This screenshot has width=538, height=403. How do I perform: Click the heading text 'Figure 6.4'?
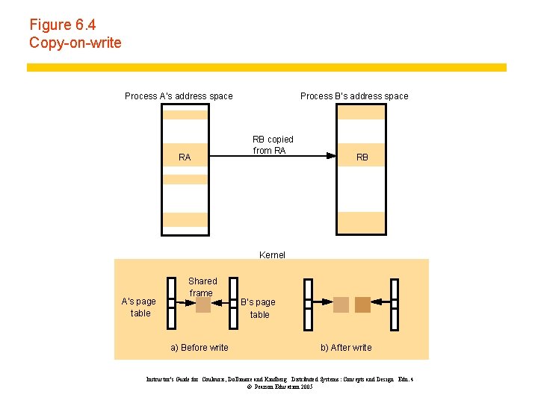point(63,25)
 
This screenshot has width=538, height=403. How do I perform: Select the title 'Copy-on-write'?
point(75,43)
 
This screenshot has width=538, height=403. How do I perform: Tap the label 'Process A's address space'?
point(179,96)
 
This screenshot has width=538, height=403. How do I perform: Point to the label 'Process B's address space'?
point(354,96)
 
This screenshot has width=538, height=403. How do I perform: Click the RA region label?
point(185,157)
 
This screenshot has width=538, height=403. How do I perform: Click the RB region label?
point(362,157)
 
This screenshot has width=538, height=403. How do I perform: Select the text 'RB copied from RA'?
point(273,145)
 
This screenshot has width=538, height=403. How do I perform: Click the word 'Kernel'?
point(272,254)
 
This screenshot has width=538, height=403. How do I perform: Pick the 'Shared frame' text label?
point(202,287)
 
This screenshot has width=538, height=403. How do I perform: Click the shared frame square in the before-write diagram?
point(202,304)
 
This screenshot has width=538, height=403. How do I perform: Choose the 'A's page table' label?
point(139,307)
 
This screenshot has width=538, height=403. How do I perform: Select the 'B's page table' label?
point(259,308)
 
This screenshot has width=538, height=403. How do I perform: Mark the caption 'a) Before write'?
point(200,347)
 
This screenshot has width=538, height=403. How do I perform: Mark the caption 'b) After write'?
point(346,347)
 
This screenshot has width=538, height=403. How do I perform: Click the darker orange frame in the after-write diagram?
point(362,304)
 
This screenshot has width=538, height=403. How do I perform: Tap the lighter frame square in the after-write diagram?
point(341,304)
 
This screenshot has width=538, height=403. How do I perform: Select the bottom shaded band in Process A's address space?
point(185,219)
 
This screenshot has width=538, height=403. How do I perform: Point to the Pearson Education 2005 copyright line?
point(279,387)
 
